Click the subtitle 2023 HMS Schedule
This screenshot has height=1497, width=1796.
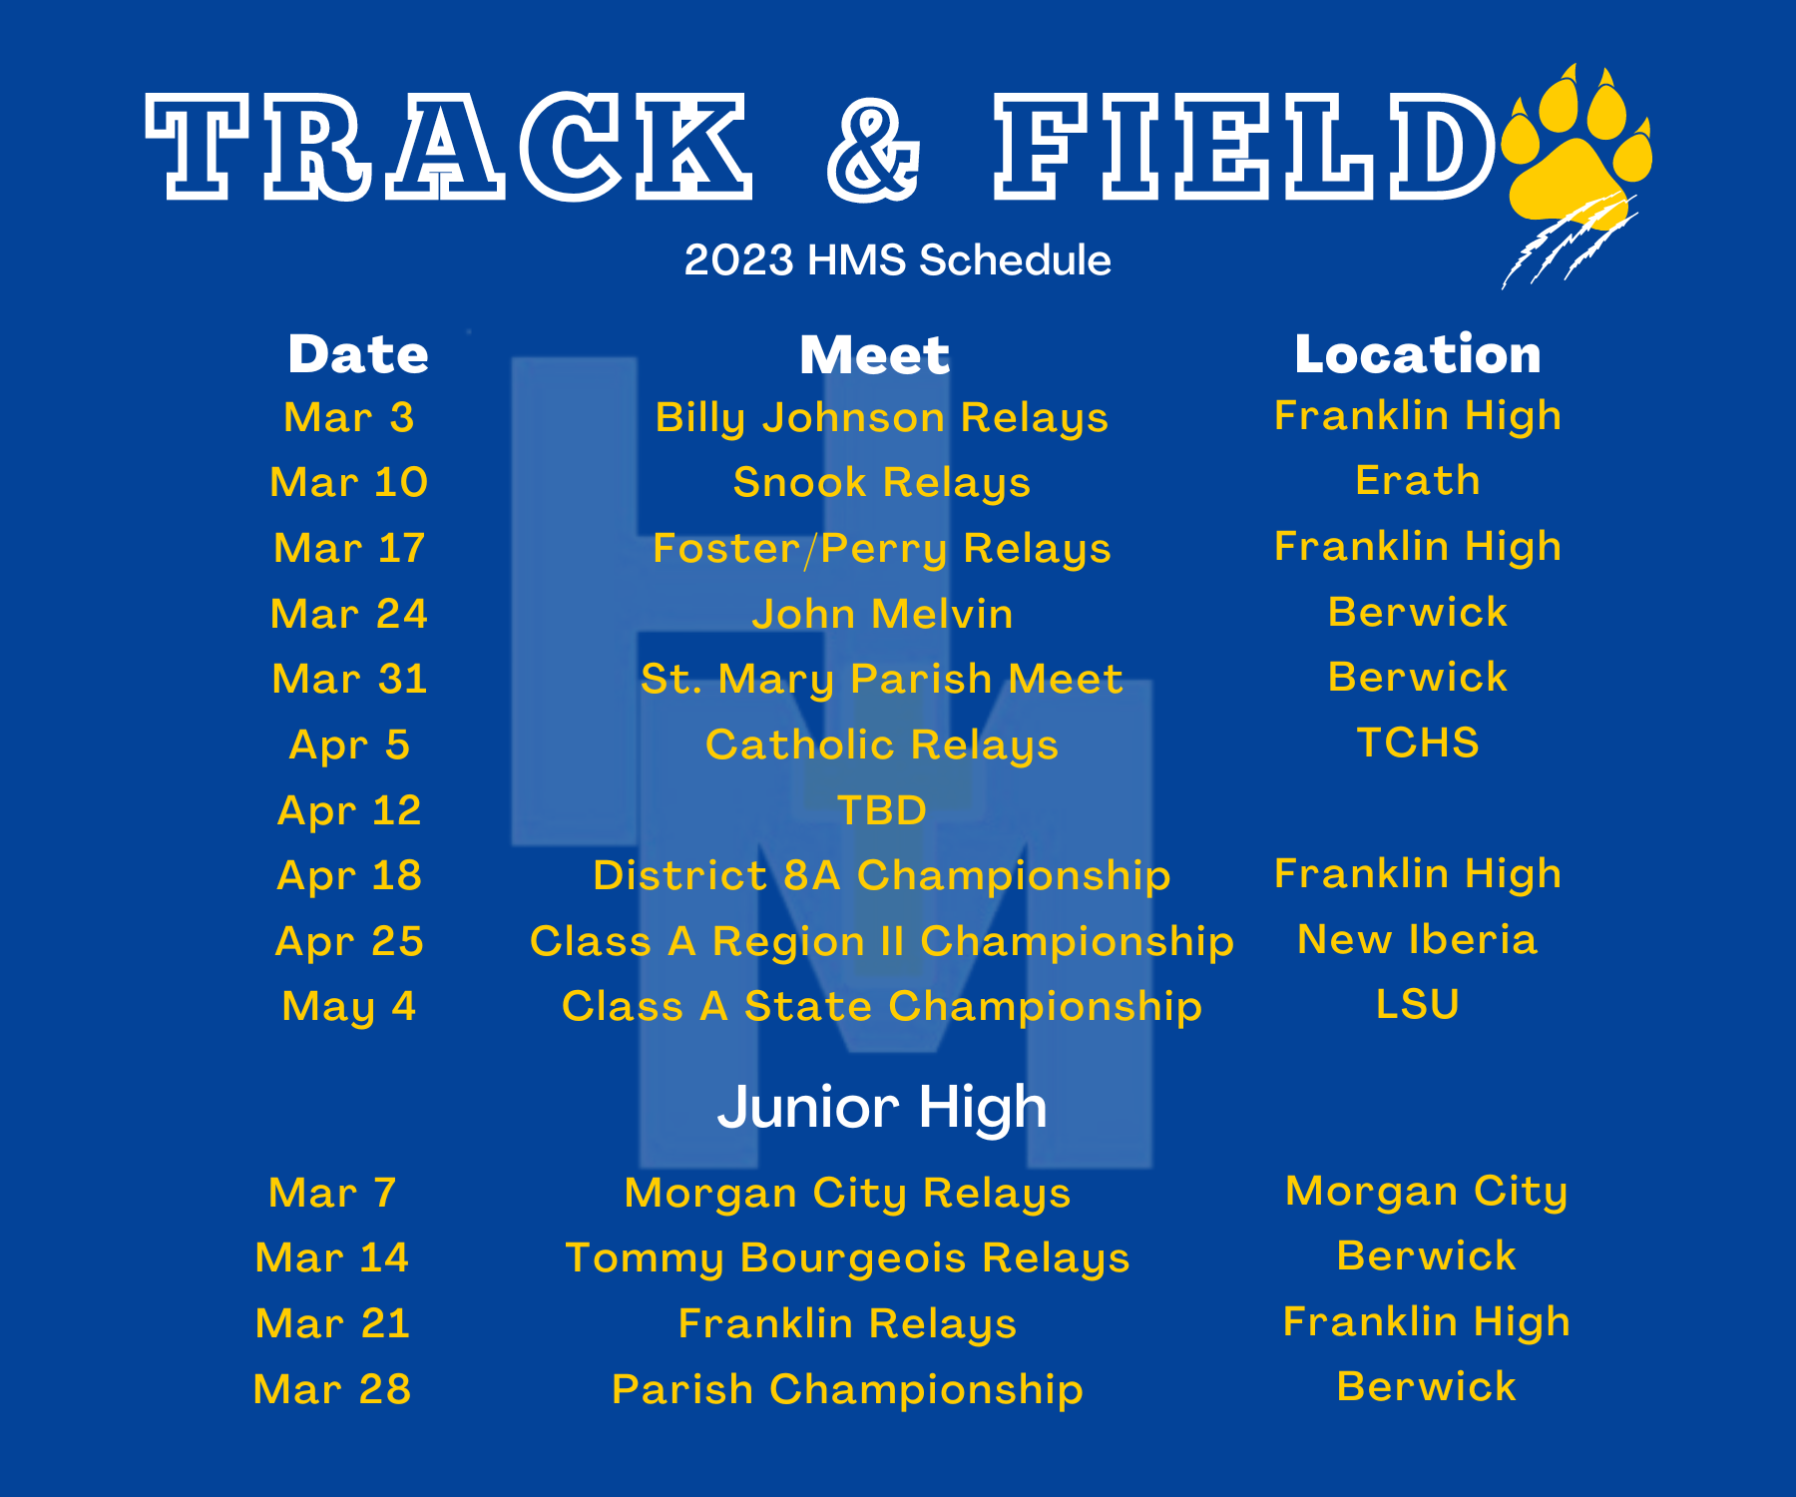897,260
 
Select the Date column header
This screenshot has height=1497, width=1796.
358,354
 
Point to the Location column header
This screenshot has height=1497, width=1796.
1418,354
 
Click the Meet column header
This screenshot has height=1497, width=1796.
875,355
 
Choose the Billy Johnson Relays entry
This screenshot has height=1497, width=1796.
882,418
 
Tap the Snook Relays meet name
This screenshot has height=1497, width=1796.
882,483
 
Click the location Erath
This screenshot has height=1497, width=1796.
1418,481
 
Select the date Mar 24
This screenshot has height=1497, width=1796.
349,614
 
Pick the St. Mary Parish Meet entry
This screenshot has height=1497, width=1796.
882,680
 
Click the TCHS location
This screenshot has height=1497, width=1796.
1418,743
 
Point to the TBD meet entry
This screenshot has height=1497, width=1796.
882,810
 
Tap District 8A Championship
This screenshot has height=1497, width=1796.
882,876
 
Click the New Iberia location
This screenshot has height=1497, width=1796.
1418,939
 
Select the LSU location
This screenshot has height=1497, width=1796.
1418,1004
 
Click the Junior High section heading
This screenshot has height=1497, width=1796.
882,1109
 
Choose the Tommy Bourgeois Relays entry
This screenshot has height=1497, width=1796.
847,1258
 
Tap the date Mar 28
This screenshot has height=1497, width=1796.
332,1389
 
